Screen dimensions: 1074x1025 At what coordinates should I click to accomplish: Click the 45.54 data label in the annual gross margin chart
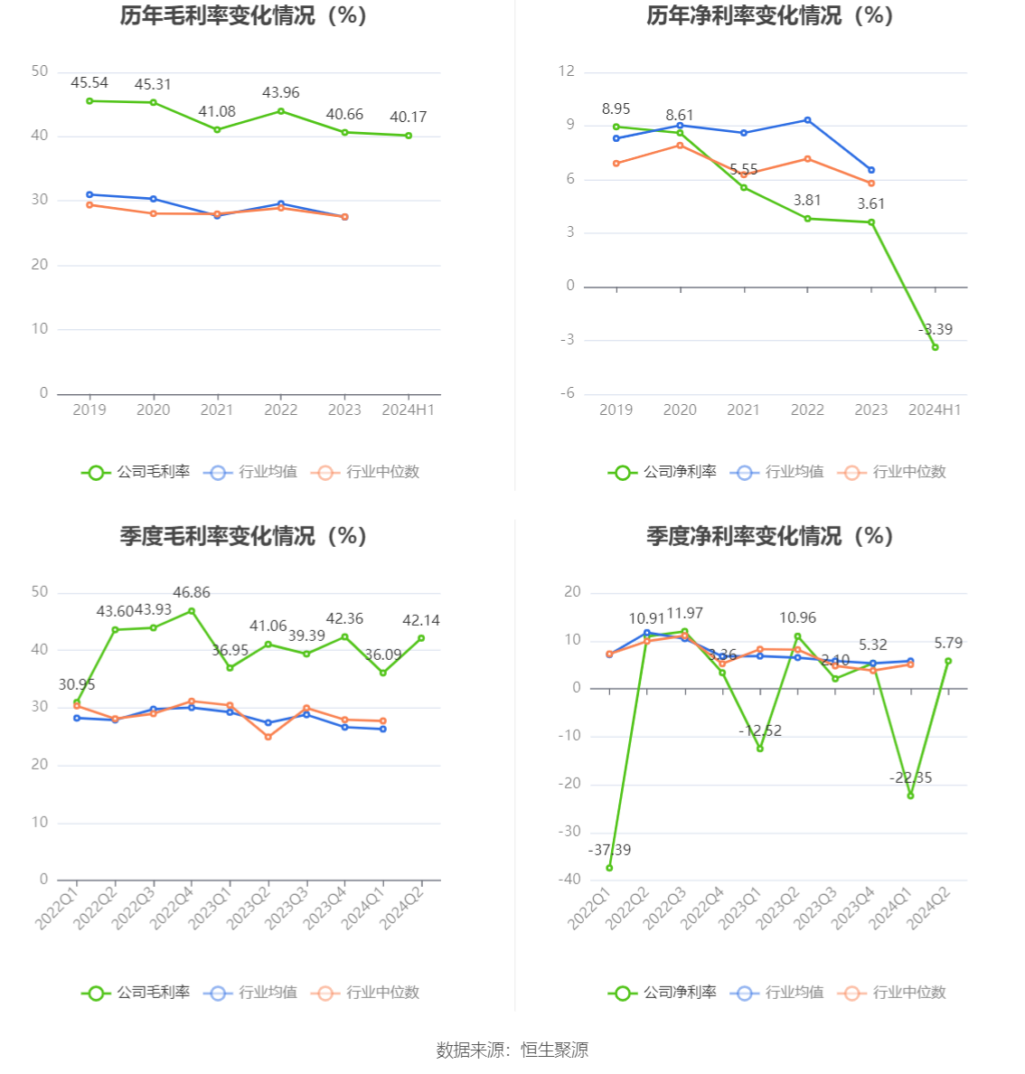coord(89,83)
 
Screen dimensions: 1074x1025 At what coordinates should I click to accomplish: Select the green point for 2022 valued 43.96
coord(281,111)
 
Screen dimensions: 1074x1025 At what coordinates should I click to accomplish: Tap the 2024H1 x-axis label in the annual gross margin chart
coord(408,410)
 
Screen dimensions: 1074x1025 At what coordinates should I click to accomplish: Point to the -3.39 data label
coord(936,330)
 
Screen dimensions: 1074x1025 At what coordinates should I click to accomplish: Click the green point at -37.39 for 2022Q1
coord(609,868)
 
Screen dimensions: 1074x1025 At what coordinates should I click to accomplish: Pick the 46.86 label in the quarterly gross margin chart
coord(192,593)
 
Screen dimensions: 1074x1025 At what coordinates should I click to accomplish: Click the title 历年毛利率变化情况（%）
coord(243,15)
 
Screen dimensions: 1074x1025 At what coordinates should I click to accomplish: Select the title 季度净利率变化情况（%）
coord(769,536)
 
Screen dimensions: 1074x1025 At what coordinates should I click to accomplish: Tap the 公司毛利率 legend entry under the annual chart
coord(136,472)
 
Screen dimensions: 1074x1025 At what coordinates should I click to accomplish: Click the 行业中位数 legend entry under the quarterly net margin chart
coord(893,993)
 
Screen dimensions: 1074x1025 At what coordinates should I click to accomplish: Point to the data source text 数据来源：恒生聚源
coord(512,1050)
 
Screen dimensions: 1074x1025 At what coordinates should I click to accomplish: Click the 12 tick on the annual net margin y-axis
coord(567,71)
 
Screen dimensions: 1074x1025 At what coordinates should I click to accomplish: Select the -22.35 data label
coord(910,777)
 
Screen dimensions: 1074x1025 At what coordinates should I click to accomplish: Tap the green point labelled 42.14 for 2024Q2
coord(421,638)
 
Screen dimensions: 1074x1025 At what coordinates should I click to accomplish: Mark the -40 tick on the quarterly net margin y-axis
coord(570,880)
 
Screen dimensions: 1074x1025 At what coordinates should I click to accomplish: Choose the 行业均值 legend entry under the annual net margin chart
coord(782,472)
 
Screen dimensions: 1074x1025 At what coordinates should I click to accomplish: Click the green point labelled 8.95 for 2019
coord(616,127)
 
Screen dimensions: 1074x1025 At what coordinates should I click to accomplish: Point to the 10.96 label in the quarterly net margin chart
coord(797,618)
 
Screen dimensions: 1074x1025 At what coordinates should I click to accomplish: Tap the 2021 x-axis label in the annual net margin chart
coord(744,410)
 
